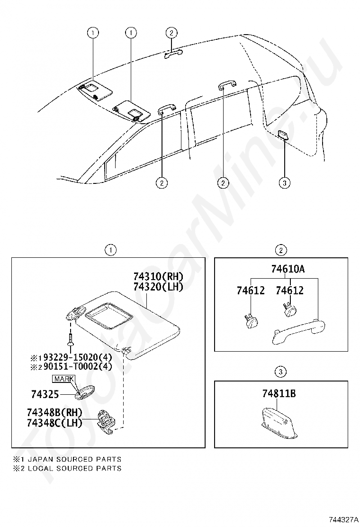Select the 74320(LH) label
point(158,287)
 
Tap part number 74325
point(45,394)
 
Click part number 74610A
point(288,270)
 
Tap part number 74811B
point(279,393)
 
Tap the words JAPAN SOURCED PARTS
point(74,459)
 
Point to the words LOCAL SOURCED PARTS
point(74,468)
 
